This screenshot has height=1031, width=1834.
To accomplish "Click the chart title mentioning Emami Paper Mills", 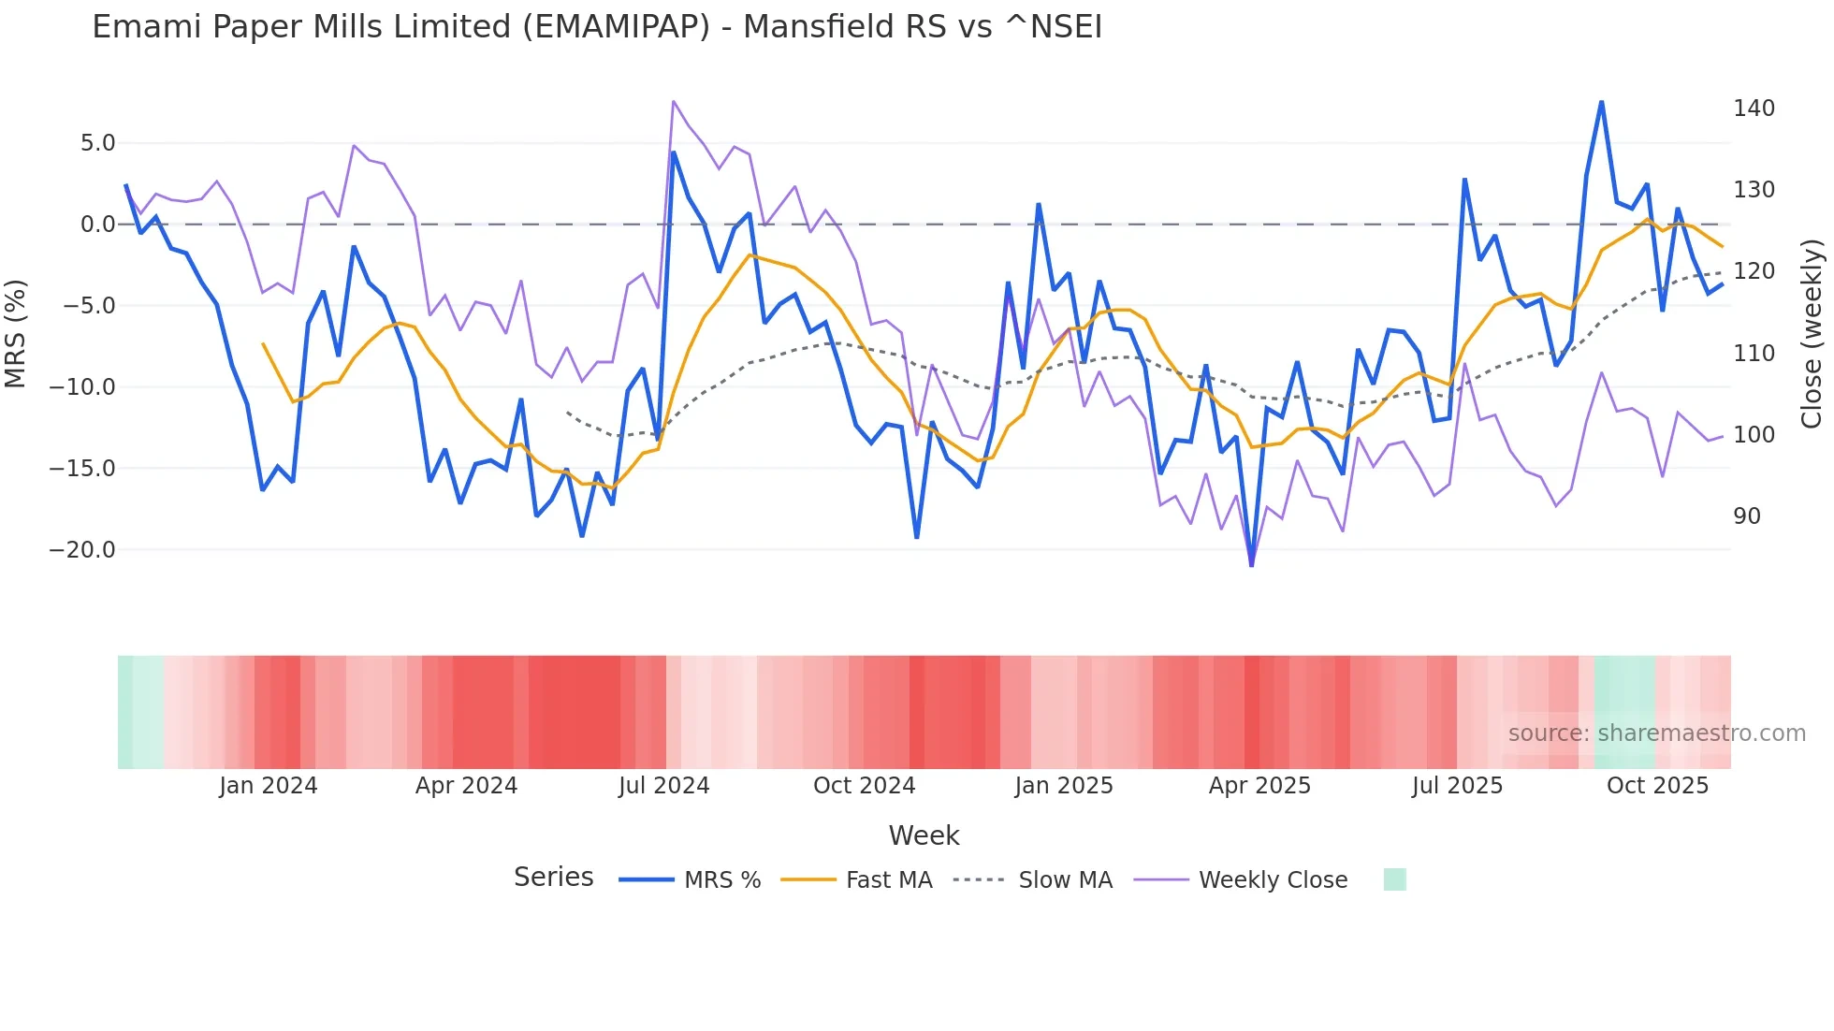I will coord(597,27).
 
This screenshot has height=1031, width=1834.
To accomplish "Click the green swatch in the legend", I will coord(1394,879).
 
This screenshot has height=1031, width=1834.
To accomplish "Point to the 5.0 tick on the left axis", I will coord(97,143).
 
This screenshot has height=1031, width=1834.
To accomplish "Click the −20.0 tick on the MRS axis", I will coord(82,550).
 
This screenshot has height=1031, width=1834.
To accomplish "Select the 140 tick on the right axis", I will coord(1754,109).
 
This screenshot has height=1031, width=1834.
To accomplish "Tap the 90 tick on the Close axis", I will coord(1746,516).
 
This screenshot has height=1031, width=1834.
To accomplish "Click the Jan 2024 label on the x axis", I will coord(269,786).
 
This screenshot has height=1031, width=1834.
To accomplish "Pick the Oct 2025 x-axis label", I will coord(1657,786).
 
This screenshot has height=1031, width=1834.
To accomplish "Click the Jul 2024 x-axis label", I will coord(663,786).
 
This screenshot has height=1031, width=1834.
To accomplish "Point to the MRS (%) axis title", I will coord(16,333).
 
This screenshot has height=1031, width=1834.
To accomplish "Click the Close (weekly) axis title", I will coord(1812,333).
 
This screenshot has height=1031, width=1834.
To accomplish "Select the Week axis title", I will coord(924,835).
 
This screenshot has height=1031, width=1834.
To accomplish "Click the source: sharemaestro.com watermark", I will coord(1656,733).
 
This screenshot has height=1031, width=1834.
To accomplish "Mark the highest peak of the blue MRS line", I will coord(1601,102).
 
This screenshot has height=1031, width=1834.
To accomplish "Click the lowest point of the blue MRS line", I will coord(1252,565).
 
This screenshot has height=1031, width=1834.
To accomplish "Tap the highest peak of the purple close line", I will coord(674,101).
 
